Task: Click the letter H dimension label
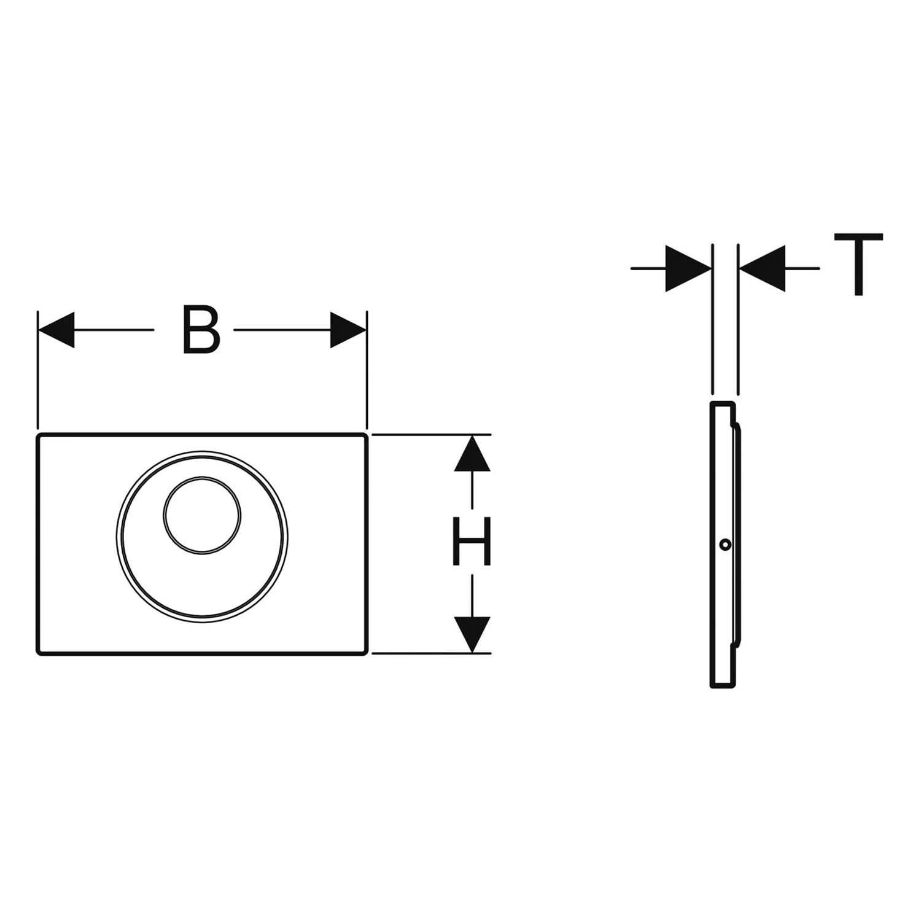pos(472,541)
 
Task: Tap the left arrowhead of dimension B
pos(56,330)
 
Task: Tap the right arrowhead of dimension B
pos(348,330)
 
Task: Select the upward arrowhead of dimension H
pos(472,453)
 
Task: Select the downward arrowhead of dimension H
pos(472,634)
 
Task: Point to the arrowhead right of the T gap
pos(762,268)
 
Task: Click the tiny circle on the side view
pos(726,544)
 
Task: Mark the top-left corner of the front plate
pos(38,435)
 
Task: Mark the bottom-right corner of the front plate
pos(367,653)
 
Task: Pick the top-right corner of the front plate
pos(367,435)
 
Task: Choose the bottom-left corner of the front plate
pos(38,653)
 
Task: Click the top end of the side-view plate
pos(722,402)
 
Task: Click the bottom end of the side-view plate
pos(722,686)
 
